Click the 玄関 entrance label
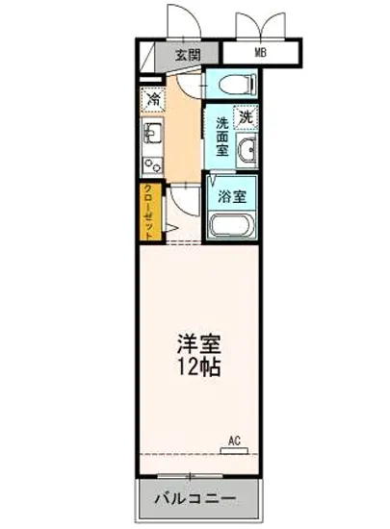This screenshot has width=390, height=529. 189,54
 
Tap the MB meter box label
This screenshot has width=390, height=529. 259,52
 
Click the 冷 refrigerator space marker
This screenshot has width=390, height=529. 152,97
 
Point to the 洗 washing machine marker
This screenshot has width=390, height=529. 246,117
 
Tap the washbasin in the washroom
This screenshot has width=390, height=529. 247,151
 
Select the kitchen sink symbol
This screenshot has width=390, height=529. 151,132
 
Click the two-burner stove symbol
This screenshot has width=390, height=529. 151,164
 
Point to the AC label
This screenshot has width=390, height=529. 234,441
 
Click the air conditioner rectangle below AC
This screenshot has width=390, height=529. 234,451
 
